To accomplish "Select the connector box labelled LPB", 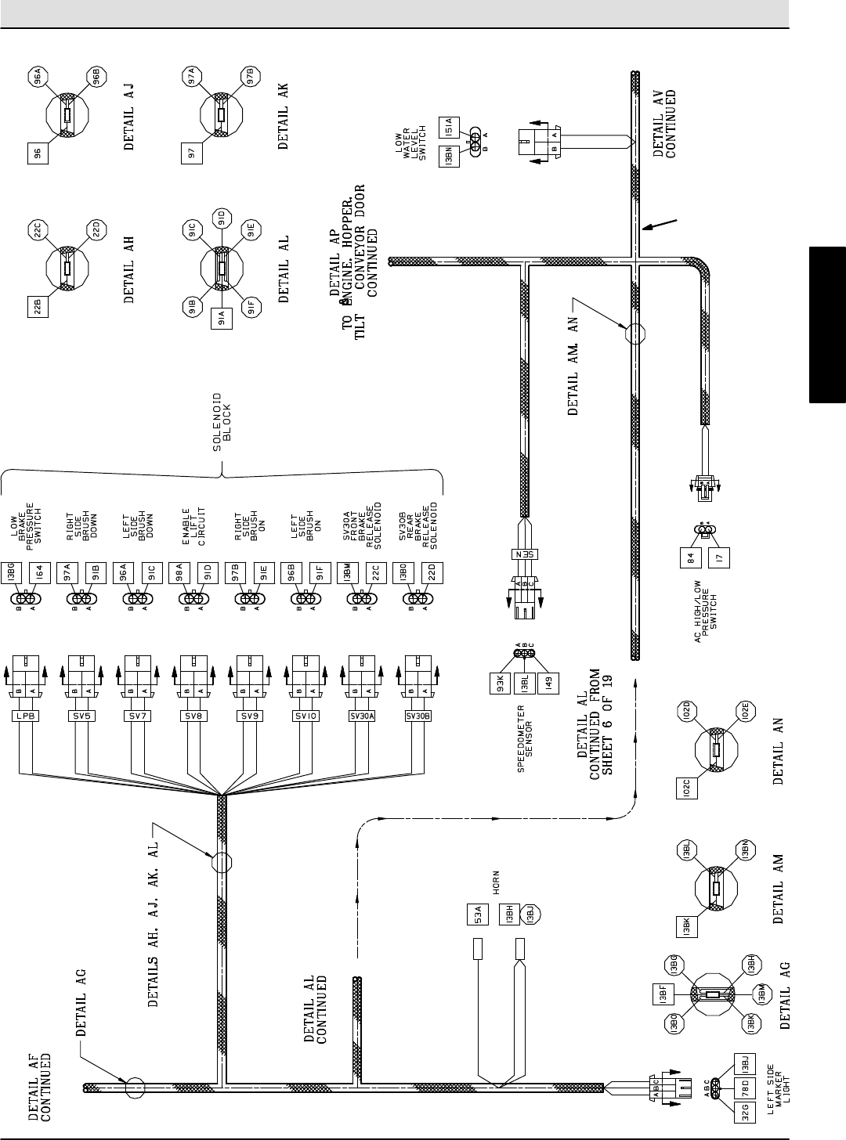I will (x=24, y=716).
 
